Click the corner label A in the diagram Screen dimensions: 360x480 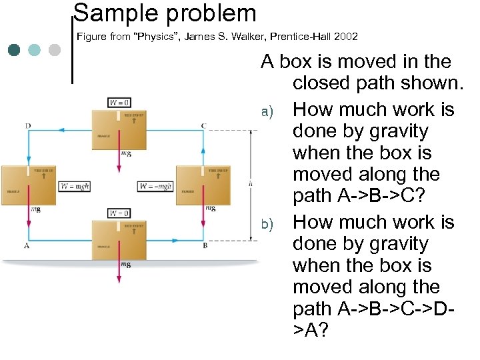(x=27, y=245)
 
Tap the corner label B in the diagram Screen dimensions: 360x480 (x=204, y=245)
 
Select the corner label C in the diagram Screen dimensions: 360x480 (x=204, y=125)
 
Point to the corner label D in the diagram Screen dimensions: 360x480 (x=27, y=125)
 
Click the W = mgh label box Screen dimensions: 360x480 (x=75, y=186)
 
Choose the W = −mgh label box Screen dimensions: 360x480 (x=155, y=186)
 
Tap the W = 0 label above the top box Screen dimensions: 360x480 (x=119, y=103)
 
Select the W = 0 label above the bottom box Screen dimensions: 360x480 (x=119, y=213)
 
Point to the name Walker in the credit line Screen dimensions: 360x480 (x=264, y=35)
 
